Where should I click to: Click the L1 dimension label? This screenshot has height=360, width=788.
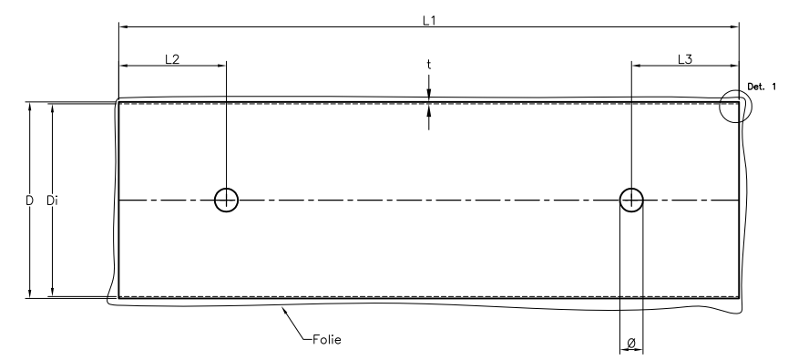tap(429, 21)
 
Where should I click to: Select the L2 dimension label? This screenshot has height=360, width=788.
tap(172, 59)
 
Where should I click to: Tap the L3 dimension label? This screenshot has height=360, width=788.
tap(685, 59)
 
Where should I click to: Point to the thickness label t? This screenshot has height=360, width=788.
tap(429, 65)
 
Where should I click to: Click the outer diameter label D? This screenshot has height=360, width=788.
tap(30, 201)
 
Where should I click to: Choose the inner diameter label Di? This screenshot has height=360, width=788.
tap(52, 201)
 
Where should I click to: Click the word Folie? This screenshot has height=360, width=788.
tap(327, 339)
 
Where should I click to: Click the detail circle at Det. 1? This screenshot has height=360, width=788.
tap(719, 106)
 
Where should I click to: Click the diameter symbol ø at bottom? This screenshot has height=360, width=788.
tap(631, 343)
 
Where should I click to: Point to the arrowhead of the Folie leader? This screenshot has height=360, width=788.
tap(285, 311)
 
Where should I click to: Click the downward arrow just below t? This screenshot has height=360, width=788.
tap(429, 94)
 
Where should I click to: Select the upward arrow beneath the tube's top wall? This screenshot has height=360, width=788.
tap(429, 110)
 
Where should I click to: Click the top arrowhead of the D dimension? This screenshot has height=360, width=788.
tap(30, 108)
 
